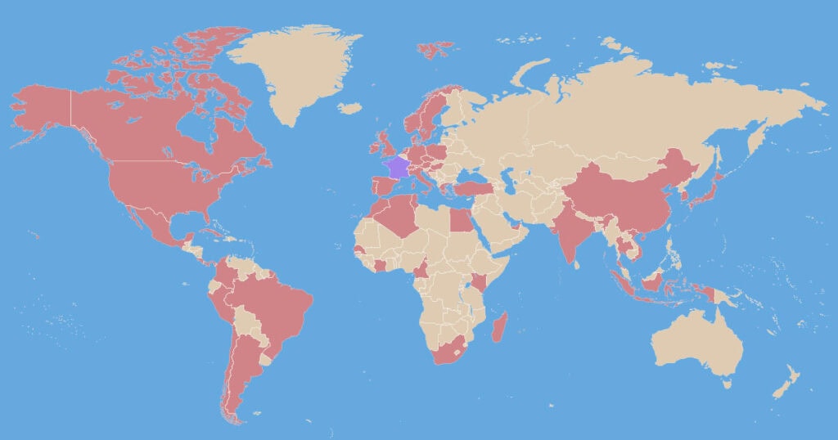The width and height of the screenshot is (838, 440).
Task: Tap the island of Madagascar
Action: (x=498, y=327)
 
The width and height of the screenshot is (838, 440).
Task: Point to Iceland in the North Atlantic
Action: (x=349, y=108)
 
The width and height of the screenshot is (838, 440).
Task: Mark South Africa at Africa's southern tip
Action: (x=451, y=351)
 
